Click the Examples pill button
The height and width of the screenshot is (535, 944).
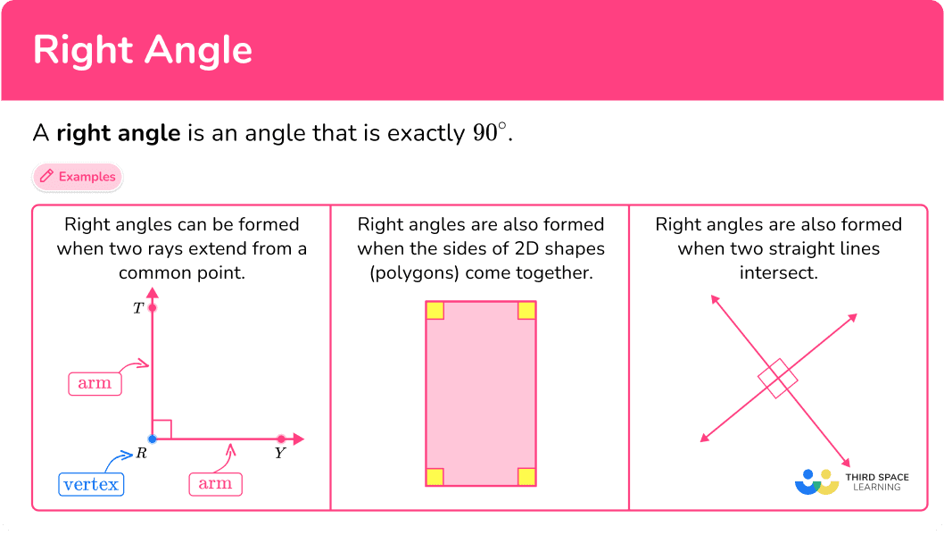coord(78,177)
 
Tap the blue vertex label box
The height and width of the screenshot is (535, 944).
coord(92,484)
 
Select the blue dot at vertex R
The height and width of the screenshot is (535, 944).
coord(153,439)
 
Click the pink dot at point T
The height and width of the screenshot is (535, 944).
coord(153,308)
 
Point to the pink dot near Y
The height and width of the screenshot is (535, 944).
coord(281,439)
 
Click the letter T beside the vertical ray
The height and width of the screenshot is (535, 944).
coord(138,308)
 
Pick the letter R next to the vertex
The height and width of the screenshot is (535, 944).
coord(142,453)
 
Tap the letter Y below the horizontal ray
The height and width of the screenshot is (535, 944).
coord(280,453)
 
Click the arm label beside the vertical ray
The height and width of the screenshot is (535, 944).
coord(95,384)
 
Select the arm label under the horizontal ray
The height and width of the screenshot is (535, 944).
coord(216,484)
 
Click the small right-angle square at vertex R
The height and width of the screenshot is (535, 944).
coord(162,429)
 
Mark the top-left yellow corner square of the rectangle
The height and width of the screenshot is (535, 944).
coord(435,311)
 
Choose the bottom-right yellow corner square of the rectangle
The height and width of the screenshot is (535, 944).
coord(526,477)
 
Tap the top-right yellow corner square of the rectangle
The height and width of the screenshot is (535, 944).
coord(526,311)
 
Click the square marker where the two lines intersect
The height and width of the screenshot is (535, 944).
coord(778,379)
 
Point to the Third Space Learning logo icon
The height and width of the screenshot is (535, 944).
coord(817,482)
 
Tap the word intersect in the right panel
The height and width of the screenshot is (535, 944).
coord(778,273)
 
